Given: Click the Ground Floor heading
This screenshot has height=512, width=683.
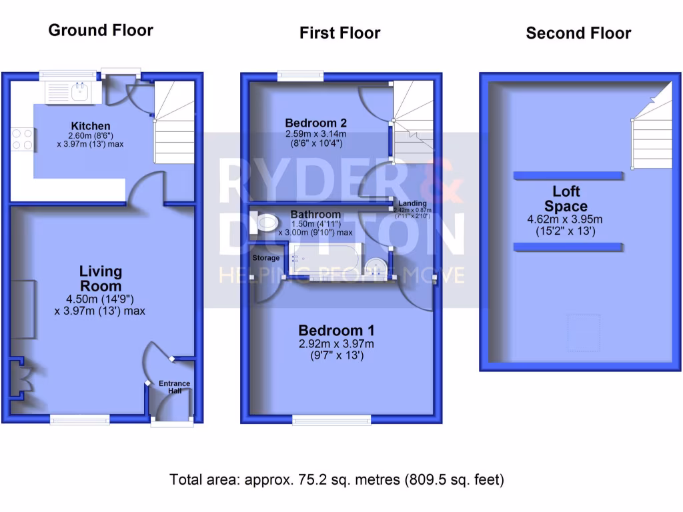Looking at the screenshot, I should tap(101, 31).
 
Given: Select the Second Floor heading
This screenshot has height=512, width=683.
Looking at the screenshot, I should tap(578, 33).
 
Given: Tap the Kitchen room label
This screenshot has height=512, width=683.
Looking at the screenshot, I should tap(91, 126).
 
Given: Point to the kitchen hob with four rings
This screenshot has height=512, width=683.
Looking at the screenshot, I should tap(21, 139).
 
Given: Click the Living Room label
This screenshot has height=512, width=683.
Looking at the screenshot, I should tap(101, 279).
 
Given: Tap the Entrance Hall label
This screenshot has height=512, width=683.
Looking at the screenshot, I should tap(174, 387).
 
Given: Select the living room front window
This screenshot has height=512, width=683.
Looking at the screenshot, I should tap(80, 419).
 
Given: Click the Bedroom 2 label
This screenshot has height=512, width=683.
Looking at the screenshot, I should tap(315, 123).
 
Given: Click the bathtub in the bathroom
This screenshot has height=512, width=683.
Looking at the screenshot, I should tap(325, 259).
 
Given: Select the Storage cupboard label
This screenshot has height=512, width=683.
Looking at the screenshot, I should tap(266, 257).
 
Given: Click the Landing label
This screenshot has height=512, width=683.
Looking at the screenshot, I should tap(412, 203).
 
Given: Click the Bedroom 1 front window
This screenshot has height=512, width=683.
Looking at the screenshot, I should tap(331, 419).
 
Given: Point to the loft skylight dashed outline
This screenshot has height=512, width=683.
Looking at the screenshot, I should tap(579, 328).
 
